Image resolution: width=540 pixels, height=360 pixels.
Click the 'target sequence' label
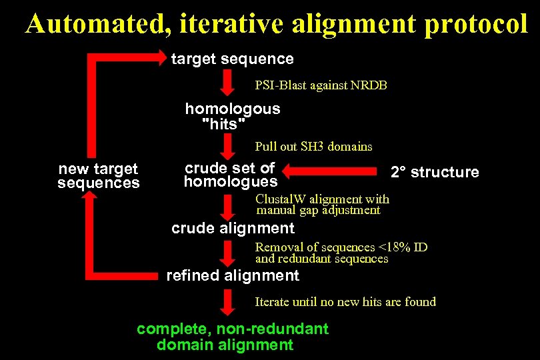[232, 59]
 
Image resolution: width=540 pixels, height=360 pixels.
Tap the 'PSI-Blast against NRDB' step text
[321, 85]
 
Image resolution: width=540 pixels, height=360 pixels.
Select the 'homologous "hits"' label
[232, 116]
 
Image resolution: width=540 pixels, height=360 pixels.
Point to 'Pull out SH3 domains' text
[313, 146]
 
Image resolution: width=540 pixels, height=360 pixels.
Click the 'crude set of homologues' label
[231, 175]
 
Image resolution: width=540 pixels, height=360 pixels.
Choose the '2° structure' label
[435, 172]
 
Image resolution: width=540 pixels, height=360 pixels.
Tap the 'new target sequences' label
[99, 176]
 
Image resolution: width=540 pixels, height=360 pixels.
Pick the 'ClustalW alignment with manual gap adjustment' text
[322, 205]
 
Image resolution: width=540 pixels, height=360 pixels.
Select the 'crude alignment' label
[233, 228]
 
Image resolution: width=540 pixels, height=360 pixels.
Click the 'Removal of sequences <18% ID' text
[341, 247]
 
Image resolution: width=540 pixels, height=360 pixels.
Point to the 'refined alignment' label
[233, 275]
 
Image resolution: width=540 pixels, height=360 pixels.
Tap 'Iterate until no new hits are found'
[345, 301]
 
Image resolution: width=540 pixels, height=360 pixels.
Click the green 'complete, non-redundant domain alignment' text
[232, 337]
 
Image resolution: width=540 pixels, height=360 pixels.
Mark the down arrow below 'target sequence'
[227, 85]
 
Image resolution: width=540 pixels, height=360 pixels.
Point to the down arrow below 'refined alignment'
[227, 302]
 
